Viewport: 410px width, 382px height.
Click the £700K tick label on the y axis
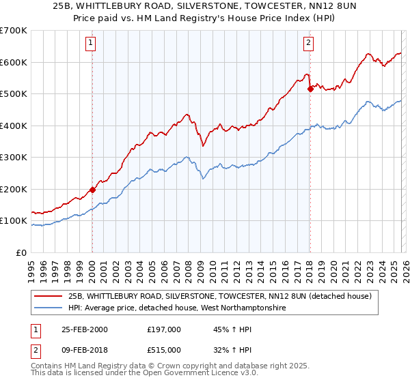(14, 31)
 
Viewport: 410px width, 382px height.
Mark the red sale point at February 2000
(92, 190)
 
